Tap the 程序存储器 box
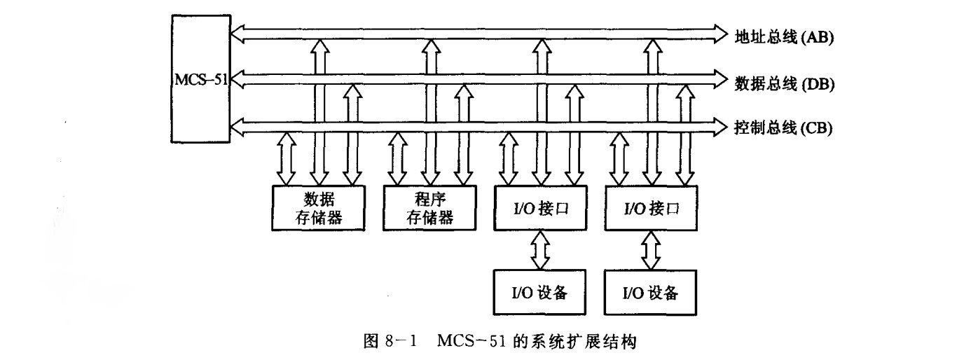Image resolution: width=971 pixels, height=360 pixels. [429, 208]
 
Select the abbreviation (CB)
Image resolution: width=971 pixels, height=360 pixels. [814, 127]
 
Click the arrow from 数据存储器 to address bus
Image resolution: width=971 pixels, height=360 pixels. [320, 112]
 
